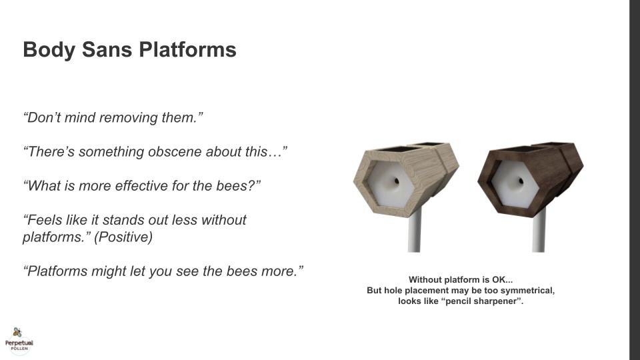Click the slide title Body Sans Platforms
click(129, 50)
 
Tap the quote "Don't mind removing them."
click(113, 118)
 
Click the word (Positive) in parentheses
click(123, 237)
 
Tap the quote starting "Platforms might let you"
click(163, 271)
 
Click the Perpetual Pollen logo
click(19, 339)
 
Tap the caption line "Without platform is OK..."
click(461, 280)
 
